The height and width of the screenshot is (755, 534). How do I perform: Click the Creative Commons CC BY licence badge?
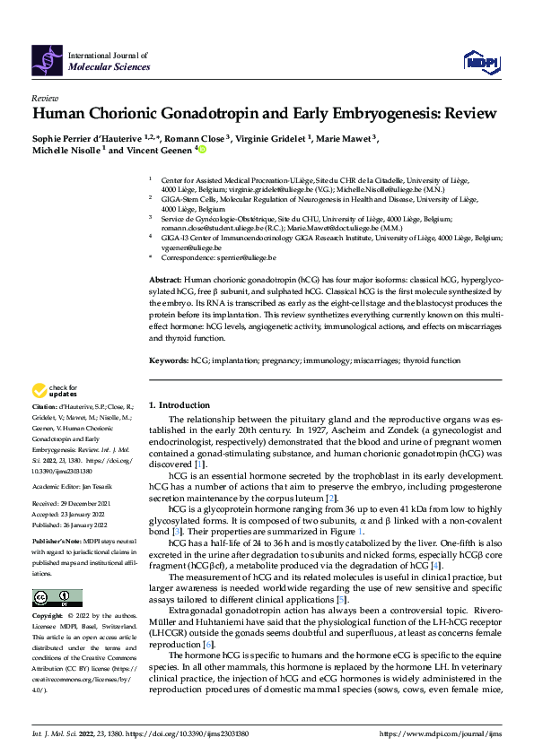click(x=57, y=598)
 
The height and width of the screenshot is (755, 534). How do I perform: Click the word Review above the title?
click(x=45, y=98)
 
